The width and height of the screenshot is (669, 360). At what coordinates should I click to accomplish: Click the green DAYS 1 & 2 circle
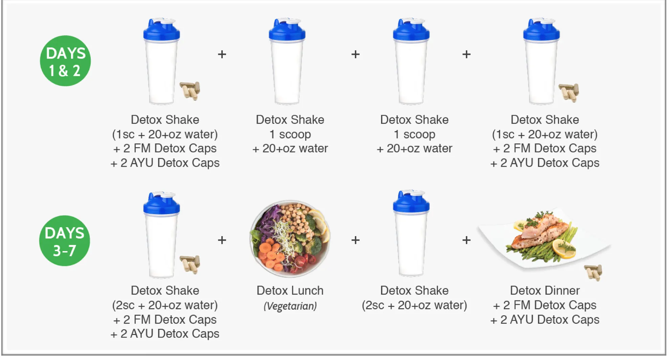[65, 61]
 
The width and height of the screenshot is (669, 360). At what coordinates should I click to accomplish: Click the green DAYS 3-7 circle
[65, 241]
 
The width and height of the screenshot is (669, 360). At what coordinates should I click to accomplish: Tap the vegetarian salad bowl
[290, 237]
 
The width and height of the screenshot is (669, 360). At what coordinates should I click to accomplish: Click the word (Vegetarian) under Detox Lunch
[290, 306]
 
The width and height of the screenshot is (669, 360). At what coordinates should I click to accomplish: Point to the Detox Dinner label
[544, 290]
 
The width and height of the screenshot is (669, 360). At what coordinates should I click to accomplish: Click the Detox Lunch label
[290, 290]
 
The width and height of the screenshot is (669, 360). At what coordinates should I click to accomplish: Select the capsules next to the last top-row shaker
[569, 92]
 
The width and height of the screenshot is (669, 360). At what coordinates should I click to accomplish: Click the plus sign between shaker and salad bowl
[222, 240]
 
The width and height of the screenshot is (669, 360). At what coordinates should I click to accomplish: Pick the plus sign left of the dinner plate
[466, 240]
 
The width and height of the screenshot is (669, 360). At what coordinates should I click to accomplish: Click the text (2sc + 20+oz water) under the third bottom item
[414, 305]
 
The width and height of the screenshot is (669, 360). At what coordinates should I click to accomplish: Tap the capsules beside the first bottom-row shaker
[190, 264]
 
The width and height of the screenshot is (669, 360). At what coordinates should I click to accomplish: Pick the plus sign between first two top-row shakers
[222, 54]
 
